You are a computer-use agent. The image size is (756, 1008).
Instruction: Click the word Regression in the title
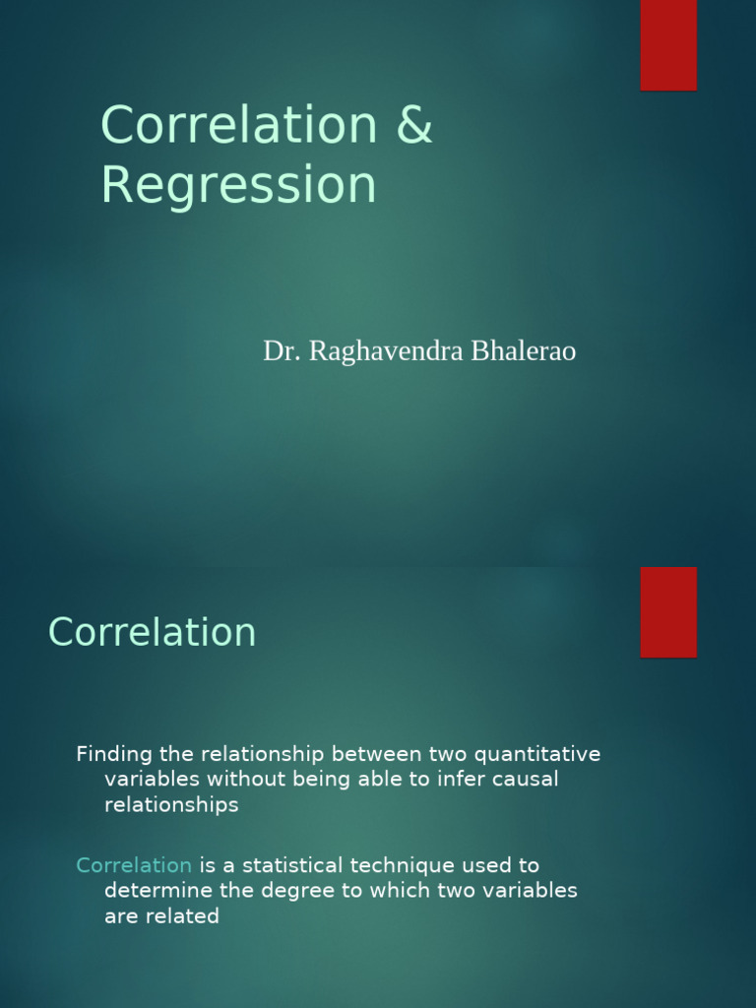pos(238,185)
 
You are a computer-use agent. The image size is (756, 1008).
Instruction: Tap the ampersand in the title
pos(413,126)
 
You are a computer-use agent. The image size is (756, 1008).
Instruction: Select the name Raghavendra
pos(378,351)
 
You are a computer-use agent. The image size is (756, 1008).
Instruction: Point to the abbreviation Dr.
pos(283,351)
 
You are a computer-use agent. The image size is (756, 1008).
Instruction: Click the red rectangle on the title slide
pos(668,44)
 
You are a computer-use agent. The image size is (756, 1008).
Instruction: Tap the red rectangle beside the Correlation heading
pos(668,611)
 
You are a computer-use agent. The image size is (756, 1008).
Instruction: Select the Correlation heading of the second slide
pos(152,632)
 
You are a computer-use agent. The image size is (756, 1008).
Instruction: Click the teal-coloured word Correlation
pos(134,865)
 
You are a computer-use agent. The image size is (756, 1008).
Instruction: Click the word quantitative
pos(537,755)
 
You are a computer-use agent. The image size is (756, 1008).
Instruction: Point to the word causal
pos(527,780)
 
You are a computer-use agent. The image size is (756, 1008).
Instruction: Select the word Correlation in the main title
pos(238,126)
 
